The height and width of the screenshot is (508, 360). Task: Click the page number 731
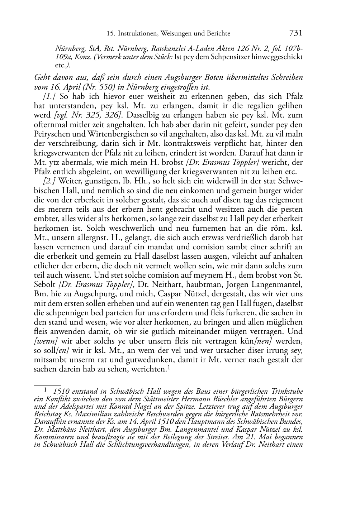[x=295, y=33]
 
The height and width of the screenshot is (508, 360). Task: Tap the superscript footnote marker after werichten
[x=168, y=366]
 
